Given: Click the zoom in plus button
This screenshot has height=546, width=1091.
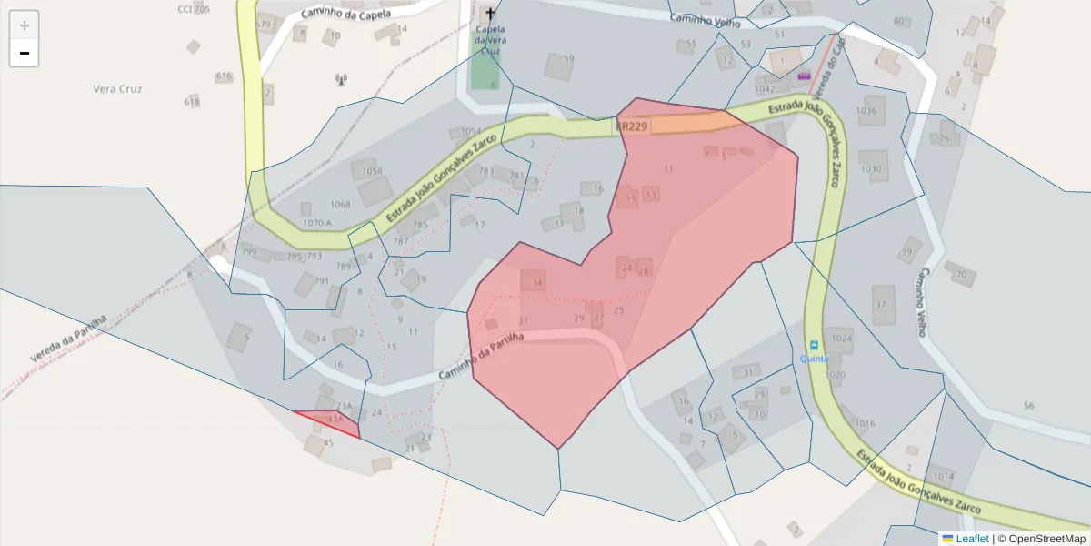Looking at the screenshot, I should click(x=25, y=25).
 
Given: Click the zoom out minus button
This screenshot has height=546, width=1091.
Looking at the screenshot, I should click(x=25, y=53).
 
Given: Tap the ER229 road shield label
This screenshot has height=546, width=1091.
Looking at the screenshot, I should click(x=632, y=126).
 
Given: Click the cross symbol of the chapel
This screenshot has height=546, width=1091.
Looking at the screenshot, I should click(x=491, y=14).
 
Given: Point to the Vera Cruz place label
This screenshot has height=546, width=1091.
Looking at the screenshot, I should click(x=118, y=89).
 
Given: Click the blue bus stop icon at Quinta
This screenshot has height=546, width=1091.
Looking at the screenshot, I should click(x=814, y=345).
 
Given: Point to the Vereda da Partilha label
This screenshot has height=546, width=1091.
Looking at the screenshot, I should click(x=68, y=339).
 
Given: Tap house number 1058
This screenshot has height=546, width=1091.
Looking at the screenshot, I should click(x=372, y=171).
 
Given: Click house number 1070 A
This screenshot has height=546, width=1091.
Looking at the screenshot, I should click(x=317, y=222).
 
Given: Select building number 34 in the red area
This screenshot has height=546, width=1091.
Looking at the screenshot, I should click(x=537, y=283).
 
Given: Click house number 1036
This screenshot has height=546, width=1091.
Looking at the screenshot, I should click(x=866, y=111).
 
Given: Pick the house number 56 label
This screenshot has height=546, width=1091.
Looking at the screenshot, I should click(x=1028, y=406).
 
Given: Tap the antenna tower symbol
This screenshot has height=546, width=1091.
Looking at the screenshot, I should click(x=342, y=80).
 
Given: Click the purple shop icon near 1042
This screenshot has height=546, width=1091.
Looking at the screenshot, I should click(x=804, y=76).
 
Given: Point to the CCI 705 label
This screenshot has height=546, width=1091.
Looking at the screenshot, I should click(x=193, y=9).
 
